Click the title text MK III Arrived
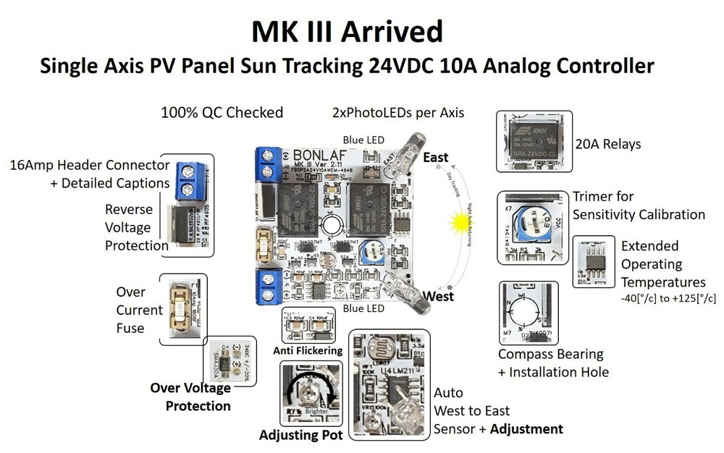click(x=347, y=33)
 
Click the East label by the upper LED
click(x=435, y=157)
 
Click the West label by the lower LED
click(x=438, y=296)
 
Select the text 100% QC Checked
click(x=222, y=113)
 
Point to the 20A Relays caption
click(x=607, y=145)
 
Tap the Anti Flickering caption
click(x=308, y=351)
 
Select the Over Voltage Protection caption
click(x=190, y=397)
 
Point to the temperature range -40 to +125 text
click(x=669, y=298)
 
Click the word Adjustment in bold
click(x=526, y=428)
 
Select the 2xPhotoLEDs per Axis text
click(x=397, y=113)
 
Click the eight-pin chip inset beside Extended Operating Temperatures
click(x=592, y=262)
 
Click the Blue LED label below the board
click(x=363, y=308)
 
